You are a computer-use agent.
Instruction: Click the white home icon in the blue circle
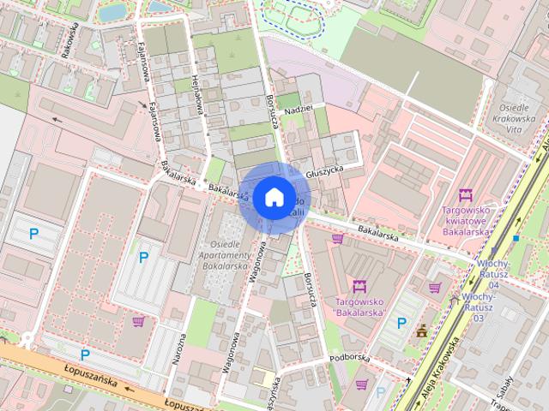coord(273,197)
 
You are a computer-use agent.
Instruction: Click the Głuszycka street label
coord(325,171)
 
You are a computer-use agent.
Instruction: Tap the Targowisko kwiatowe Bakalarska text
coord(466,220)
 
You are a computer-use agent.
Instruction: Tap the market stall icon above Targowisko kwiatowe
coord(466,194)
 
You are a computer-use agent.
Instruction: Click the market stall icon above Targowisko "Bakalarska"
coord(359,285)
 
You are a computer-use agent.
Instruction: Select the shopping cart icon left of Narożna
coord(137,321)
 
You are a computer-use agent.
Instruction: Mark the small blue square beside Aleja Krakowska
coord(516,238)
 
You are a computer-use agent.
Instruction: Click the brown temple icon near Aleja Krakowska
coord(422,331)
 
